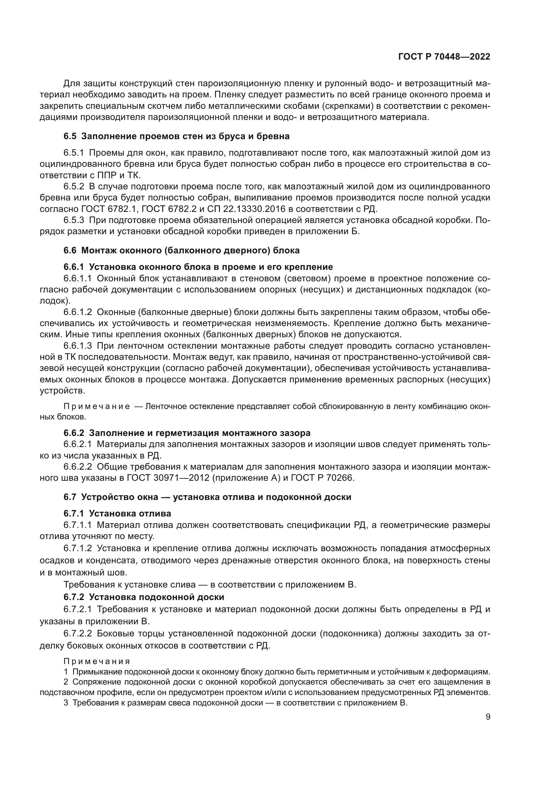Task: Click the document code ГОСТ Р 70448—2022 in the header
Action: coord(444,57)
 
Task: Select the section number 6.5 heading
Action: coord(70,136)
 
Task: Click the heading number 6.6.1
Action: coord(73,267)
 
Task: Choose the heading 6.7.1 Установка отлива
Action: coord(117,513)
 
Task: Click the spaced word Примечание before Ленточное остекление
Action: coord(97,407)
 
